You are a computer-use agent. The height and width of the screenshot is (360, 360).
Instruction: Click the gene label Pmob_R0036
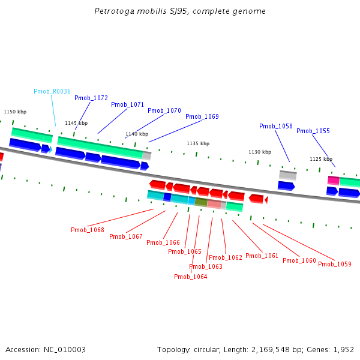52,91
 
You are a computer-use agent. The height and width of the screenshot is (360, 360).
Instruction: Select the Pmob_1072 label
91,98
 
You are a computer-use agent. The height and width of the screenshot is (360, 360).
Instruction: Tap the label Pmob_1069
202,116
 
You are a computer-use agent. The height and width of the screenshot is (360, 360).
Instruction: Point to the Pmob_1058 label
276,126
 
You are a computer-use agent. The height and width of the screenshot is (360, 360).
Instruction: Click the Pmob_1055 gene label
313,131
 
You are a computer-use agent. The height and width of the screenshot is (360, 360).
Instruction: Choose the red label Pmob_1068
88,230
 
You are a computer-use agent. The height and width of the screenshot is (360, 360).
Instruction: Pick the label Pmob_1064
191,277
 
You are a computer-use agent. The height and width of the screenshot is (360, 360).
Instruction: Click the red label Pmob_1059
335,264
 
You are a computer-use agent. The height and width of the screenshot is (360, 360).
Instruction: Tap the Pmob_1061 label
262,256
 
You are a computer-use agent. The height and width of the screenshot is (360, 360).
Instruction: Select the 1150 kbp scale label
15,112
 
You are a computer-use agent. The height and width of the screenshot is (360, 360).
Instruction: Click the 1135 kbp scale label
198,143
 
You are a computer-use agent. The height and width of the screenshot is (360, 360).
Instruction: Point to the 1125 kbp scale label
321,159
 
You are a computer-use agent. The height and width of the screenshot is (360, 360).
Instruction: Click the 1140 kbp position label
137,134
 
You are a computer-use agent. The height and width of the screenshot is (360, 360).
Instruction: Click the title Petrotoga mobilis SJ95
179,11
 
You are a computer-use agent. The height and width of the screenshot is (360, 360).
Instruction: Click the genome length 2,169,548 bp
268,349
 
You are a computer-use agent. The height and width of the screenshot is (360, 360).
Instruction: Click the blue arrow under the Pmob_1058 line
286,185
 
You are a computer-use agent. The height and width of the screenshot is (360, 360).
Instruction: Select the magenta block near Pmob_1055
333,180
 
